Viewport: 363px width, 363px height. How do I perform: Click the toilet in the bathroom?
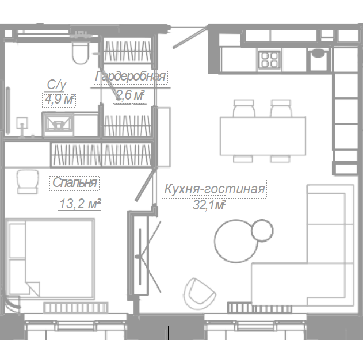pyautogui.click(x=80, y=52)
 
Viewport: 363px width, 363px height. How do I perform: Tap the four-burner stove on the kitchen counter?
pyautogui.click(x=269, y=59)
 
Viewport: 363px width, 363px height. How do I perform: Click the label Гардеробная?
pyautogui.click(x=131, y=76)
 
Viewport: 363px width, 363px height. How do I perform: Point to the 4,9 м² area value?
pyautogui.click(x=59, y=100)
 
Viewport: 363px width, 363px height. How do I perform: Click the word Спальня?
pyautogui.click(x=75, y=183)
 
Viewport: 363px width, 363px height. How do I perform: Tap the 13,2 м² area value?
pyautogui.click(x=80, y=204)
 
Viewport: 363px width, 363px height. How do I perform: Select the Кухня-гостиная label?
pyautogui.click(x=214, y=189)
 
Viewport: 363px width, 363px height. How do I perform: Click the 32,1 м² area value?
pyautogui.click(x=209, y=205)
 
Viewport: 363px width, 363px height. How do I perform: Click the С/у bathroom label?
pyautogui.click(x=56, y=85)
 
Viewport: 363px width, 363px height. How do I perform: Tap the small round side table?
pyautogui.click(x=262, y=230)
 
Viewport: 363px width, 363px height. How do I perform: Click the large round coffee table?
pyautogui.click(x=236, y=241)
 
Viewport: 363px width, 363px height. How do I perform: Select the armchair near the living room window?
pyautogui.click(x=199, y=293)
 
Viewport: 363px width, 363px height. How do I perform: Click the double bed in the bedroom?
pyautogui.click(x=50, y=259)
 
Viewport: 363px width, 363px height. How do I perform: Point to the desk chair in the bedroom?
pyautogui.click(x=28, y=182)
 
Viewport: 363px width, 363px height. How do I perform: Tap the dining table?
pyautogui.click(x=263, y=136)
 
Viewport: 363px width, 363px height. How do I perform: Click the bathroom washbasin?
pyautogui.click(x=59, y=124)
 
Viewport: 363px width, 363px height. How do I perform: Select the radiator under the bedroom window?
pyautogui.click(x=76, y=308)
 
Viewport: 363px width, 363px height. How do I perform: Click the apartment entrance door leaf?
pyautogui.click(x=190, y=38)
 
